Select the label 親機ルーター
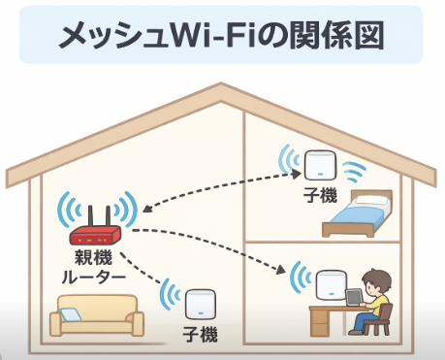pyautogui.click(x=94, y=268)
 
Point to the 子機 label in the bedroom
pyautogui.click(x=320, y=196)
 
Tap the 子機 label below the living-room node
pyautogui.click(x=201, y=335)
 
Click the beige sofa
pyautogui.click(x=94, y=321)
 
